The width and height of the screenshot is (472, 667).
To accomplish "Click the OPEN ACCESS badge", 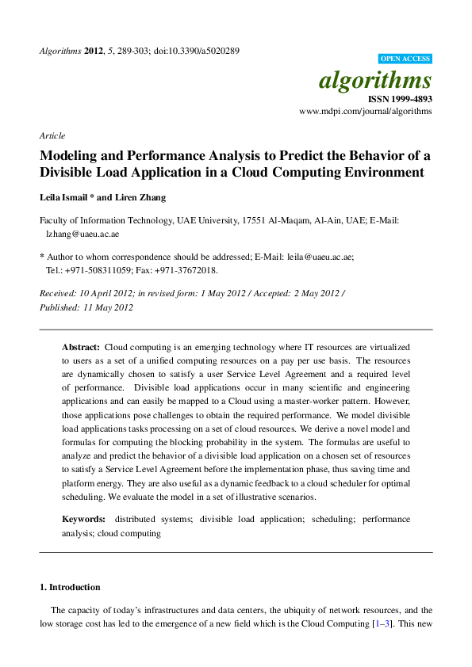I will point(405,59).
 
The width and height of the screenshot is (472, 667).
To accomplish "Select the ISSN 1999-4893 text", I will point(400,100).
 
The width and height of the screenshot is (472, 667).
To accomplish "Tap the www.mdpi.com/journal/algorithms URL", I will point(366,112).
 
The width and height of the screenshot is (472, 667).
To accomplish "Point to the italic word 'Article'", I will point(52,135).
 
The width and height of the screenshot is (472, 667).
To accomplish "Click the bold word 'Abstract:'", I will point(81,348).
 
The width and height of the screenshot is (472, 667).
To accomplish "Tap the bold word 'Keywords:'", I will point(84,519).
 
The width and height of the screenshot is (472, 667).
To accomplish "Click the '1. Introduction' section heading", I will point(70,587).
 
